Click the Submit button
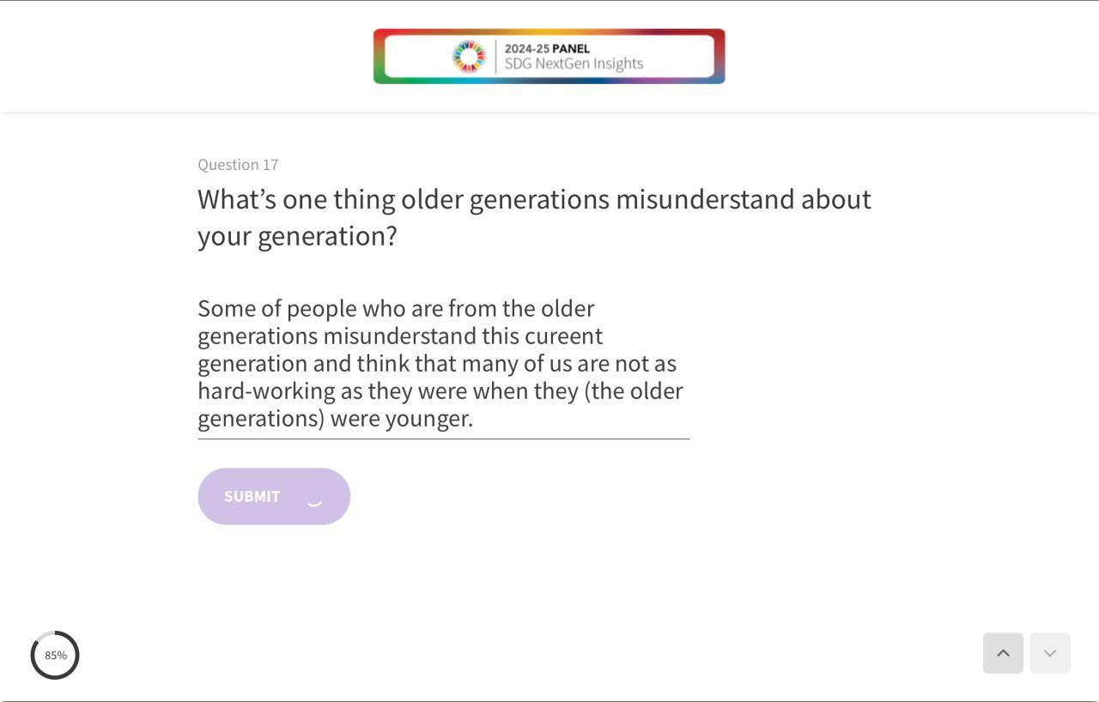[274, 496]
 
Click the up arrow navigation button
[1003, 653]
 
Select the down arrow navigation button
[1050, 653]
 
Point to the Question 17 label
[238, 165]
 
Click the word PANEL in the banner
[571, 49]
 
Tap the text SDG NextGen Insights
[574, 64]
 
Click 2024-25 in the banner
[526, 49]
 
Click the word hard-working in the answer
[266, 391]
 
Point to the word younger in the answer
[429, 419]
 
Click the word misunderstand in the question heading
[705, 199]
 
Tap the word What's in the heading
[237, 199]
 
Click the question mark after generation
[392, 236]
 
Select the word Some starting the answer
[226, 309]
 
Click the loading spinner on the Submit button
[314, 503]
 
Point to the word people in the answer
[321, 309]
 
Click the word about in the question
[836, 199]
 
